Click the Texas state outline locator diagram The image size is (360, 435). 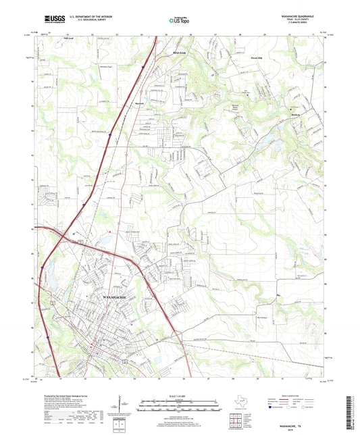pos(240,402)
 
